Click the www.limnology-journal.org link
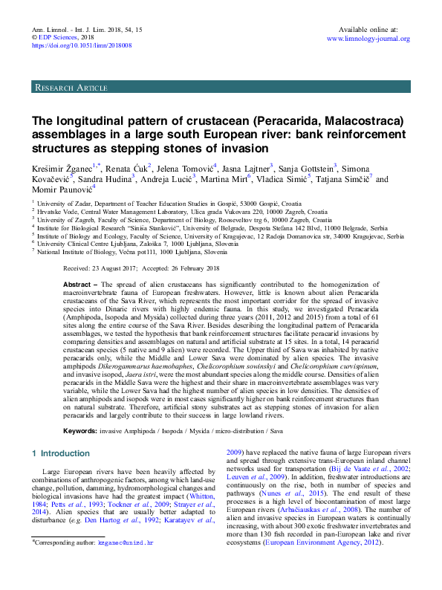click(x=368, y=39)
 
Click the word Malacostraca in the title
click(x=359, y=120)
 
